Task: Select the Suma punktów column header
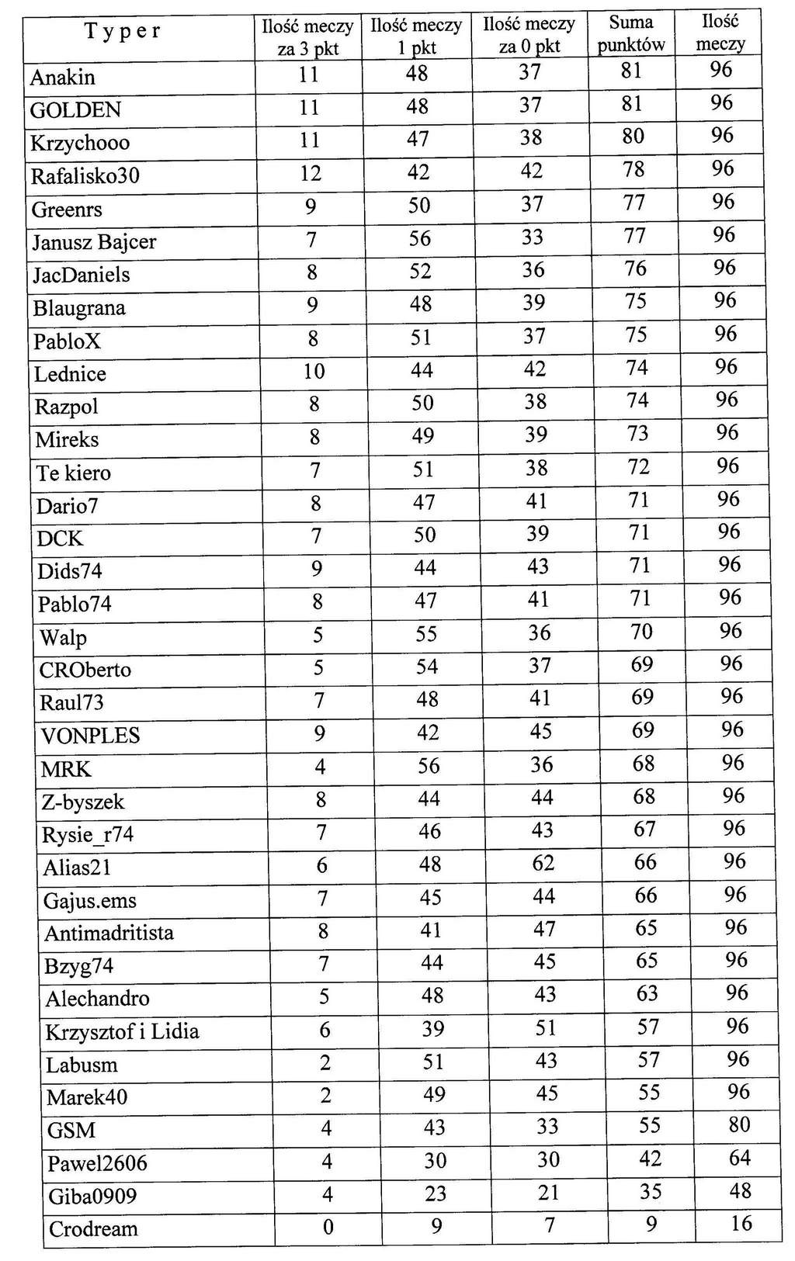pyautogui.click(x=631, y=33)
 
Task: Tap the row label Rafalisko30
pyautogui.click(x=85, y=176)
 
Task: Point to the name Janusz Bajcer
pyautogui.click(x=94, y=242)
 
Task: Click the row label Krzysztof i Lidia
pyautogui.click(x=122, y=1032)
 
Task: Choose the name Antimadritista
pyautogui.click(x=109, y=933)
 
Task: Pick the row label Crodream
pyautogui.click(x=93, y=1229)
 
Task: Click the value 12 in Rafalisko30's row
pyautogui.click(x=311, y=173)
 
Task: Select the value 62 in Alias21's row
pyautogui.click(x=543, y=862)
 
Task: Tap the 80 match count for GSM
pyautogui.click(x=739, y=1124)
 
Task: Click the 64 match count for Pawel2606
pyautogui.click(x=740, y=1158)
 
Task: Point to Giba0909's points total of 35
pyautogui.click(x=651, y=1191)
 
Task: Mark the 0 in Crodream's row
pyautogui.click(x=328, y=1227)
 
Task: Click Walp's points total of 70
pyautogui.click(x=641, y=631)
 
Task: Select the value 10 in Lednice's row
pyautogui.click(x=314, y=372)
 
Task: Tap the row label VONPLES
pyautogui.click(x=90, y=736)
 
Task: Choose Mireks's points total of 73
pyautogui.click(x=637, y=433)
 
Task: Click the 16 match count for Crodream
pyautogui.click(x=741, y=1224)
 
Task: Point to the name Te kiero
pyautogui.click(x=74, y=473)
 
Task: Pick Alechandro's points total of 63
pyautogui.click(x=647, y=993)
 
